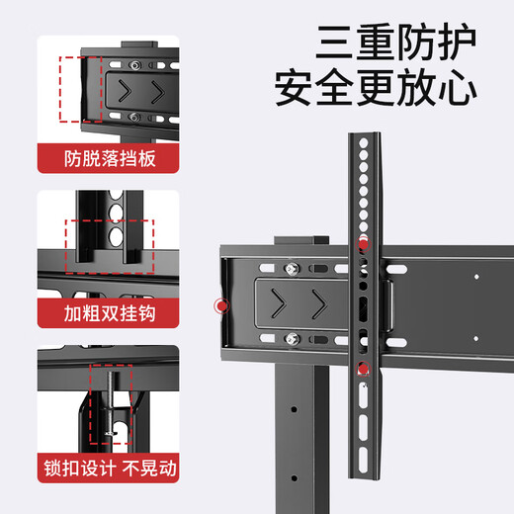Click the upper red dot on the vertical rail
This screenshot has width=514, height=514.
tap(363, 243)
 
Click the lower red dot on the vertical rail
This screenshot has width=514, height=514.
tap(363, 370)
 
